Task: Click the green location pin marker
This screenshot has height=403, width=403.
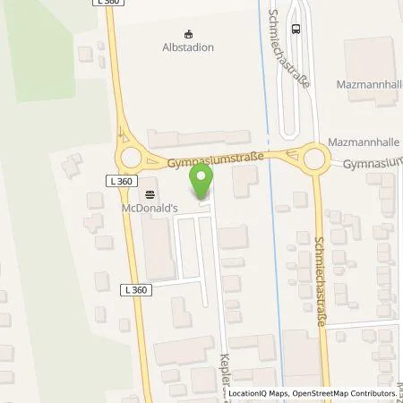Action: coord(202,184)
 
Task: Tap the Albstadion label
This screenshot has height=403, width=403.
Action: coord(188,47)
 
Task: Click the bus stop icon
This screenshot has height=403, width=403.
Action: coord(296,27)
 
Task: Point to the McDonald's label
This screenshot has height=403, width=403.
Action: coord(148,208)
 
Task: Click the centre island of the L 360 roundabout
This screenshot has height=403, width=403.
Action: coord(132,159)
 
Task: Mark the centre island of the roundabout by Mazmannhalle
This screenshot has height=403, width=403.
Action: coord(314,159)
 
